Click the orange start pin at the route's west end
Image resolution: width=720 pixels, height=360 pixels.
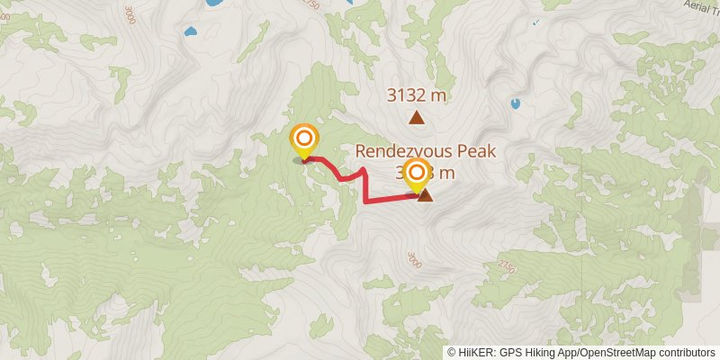(x=304, y=139)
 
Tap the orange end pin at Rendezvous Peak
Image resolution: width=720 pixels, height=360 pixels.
(x=417, y=174)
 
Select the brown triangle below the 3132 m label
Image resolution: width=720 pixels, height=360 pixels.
(x=416, y=117)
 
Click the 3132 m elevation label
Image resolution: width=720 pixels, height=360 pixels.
(x=416, y=94)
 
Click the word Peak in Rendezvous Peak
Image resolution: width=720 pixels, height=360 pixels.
(x=475, y=151)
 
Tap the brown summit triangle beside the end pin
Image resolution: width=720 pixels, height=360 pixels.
(x=424, y=194)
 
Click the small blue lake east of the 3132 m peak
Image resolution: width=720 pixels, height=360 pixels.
(x=515, y=103)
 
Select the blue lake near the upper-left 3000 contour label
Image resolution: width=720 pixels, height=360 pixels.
(x=190, y=32)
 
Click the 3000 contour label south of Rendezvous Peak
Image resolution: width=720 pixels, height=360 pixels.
(x=413, y=259)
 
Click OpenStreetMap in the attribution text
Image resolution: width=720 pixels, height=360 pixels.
(x=617, y=353)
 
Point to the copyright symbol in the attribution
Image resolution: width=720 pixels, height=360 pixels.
(x=452, y=353)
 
